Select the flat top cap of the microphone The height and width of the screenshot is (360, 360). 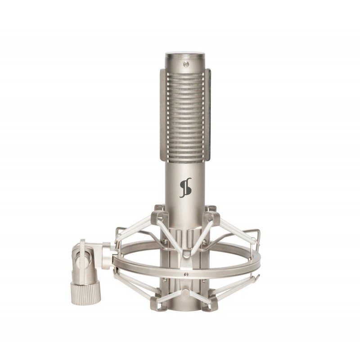186,56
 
